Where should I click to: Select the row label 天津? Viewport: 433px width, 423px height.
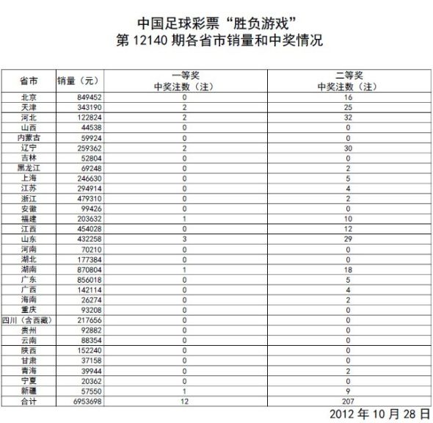(30, 107)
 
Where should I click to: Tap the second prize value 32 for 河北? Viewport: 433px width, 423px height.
(349, 117)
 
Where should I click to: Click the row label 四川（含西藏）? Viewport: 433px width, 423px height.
(30, 321)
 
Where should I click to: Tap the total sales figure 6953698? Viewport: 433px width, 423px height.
(84, 402)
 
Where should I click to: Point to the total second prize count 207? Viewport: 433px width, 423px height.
(349, 402)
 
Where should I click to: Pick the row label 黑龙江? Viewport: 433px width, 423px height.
(30, 168)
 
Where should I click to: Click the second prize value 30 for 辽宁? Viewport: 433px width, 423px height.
(349, 148)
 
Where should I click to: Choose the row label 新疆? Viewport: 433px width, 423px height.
(30, 392)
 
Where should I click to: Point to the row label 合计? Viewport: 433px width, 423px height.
(30, 402)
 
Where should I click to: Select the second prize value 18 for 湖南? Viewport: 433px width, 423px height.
(349, 270)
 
